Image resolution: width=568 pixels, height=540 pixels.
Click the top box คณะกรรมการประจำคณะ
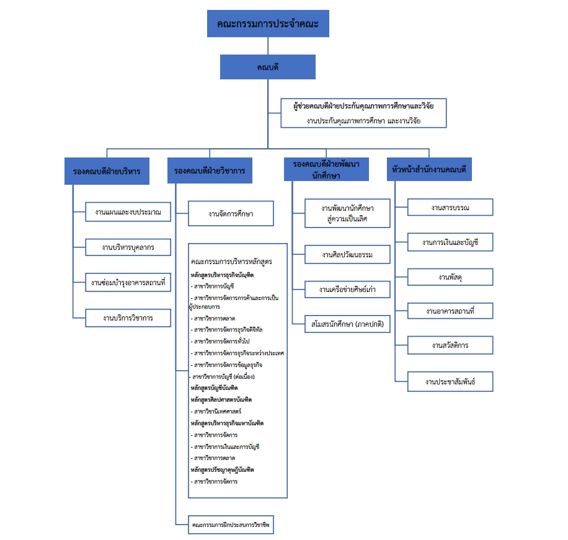268,24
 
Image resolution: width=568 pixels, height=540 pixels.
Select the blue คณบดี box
268,67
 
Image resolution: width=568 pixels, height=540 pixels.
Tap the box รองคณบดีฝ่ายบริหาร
107,171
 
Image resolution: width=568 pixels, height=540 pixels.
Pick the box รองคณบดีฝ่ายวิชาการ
210,171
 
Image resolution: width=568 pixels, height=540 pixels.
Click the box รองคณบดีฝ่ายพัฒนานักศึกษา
326,169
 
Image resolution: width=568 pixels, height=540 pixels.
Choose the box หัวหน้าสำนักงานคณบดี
429,169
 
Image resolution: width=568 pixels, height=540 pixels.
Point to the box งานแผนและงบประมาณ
128,213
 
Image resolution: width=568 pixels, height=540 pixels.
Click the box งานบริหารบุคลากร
128,248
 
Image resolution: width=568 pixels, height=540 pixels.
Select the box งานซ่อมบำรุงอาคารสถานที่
128,283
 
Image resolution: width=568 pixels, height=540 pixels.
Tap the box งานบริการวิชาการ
128,318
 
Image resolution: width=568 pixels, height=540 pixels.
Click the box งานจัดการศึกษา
231,215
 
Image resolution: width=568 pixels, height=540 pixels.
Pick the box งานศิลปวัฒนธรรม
347,255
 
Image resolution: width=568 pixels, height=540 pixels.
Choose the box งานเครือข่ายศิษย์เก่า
347,290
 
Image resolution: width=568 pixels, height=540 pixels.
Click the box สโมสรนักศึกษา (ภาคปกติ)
347,324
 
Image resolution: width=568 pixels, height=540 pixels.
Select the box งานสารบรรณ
450,208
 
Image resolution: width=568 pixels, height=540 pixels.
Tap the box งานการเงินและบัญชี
450,242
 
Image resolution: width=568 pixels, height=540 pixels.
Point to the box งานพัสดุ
450,277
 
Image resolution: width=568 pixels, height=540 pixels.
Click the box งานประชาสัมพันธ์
450,381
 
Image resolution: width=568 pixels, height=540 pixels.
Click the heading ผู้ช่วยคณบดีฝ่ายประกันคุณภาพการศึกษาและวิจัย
363,106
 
